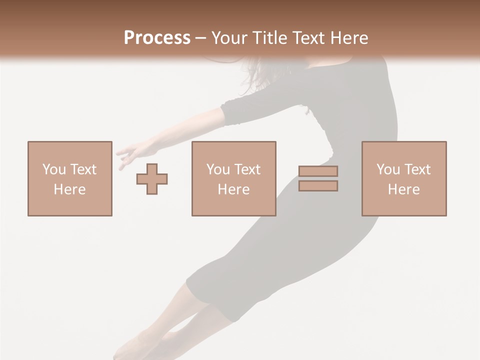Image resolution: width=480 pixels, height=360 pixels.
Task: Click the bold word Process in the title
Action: [x=157, y=38]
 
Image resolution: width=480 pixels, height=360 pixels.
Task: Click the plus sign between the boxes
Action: [x=152, y=178]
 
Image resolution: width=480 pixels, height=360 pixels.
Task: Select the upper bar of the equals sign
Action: [x=318, y=171]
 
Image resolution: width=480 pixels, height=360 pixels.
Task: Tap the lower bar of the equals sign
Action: [x=318, y=185]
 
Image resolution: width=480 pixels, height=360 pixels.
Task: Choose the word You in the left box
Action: [x=54, y=169]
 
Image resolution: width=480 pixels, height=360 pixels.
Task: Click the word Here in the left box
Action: [x=69, y=189]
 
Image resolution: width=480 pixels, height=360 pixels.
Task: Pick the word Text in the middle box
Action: [x=246, y=169]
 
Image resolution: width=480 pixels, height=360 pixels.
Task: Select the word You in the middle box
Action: [x=218, y=169]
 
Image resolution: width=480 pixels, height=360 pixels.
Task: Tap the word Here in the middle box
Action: [x=233, y=189]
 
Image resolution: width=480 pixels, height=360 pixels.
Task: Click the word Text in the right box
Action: [x=416, y=169]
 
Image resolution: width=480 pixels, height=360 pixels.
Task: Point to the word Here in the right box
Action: [x=403, y=189]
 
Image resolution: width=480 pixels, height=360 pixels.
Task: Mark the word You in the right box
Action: [x=388, y=169]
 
